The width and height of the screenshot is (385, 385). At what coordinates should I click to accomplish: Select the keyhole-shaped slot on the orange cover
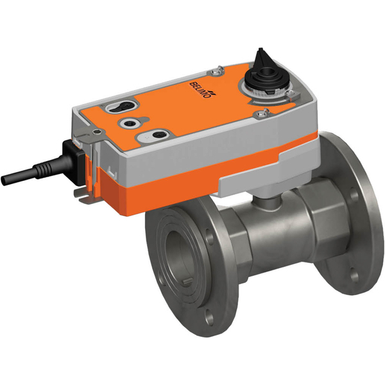[x=124, y=105]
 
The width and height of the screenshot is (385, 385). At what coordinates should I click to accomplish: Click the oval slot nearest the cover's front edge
[x=155, y=135]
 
